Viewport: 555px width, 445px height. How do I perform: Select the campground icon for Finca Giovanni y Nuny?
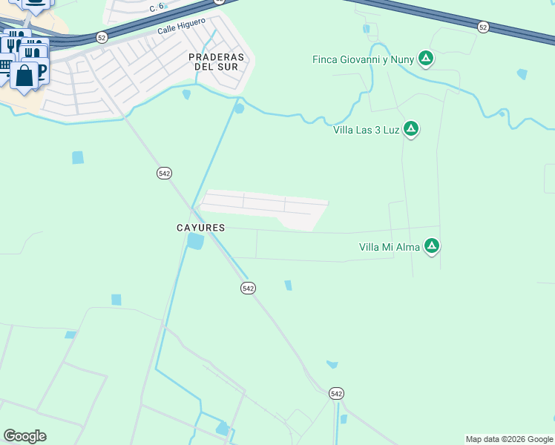425,58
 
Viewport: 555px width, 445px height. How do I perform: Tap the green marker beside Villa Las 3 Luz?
410,129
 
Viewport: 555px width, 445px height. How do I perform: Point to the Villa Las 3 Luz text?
366,130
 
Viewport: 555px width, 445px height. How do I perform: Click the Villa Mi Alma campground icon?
432,246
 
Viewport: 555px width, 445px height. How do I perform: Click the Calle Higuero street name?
181,27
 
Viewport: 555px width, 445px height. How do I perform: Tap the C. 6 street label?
156,7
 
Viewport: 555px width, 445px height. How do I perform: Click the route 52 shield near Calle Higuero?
102,37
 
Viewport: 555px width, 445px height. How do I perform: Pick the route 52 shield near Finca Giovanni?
484,27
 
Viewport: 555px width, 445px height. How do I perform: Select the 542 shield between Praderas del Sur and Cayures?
165,173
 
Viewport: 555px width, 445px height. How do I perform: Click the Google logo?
24,436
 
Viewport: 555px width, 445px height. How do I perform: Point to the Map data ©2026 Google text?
509,439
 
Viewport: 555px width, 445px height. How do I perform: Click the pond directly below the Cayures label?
196,242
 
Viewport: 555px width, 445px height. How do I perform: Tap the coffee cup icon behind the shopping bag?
40,70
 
